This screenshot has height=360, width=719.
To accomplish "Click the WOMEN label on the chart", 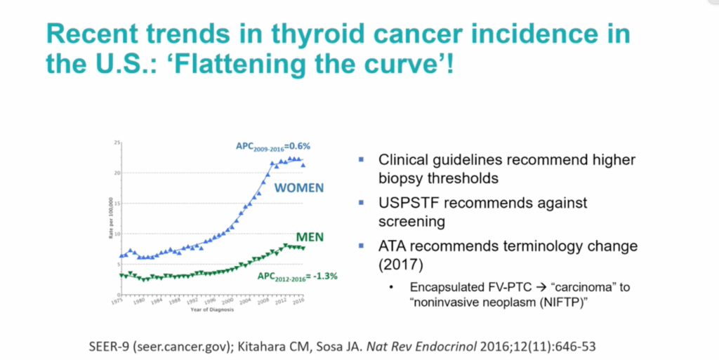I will [298, 188].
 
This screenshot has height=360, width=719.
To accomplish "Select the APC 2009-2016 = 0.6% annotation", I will [272, 147].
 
